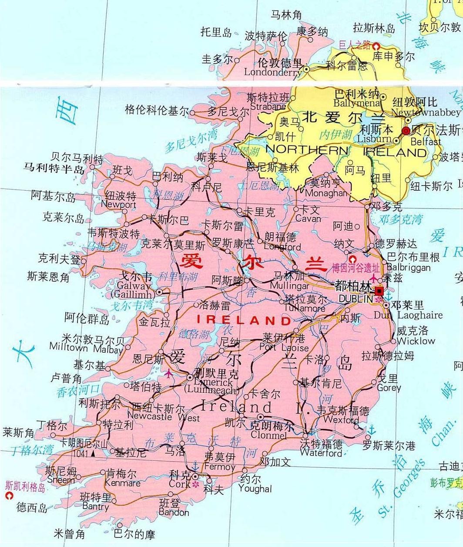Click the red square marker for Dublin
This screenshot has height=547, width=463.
coord(380,291)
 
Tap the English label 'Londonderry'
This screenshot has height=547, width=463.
coord(273,72)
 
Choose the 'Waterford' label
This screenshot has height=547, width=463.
coord(321,453)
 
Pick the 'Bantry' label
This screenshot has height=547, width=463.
coord(95,506)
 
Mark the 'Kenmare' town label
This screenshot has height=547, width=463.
coord(123,483)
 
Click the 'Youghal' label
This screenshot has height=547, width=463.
coord(255,489)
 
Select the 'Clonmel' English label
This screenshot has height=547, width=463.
coord(268,435)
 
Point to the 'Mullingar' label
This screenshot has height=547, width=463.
coord(289,286)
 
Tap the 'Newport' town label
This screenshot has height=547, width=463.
coord(118,204)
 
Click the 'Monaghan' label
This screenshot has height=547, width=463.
coord(326,193)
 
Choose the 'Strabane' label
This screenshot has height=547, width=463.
coord(268,106)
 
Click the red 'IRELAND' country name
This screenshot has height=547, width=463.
coord(244,320)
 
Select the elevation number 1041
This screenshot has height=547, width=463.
coord(81,453)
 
